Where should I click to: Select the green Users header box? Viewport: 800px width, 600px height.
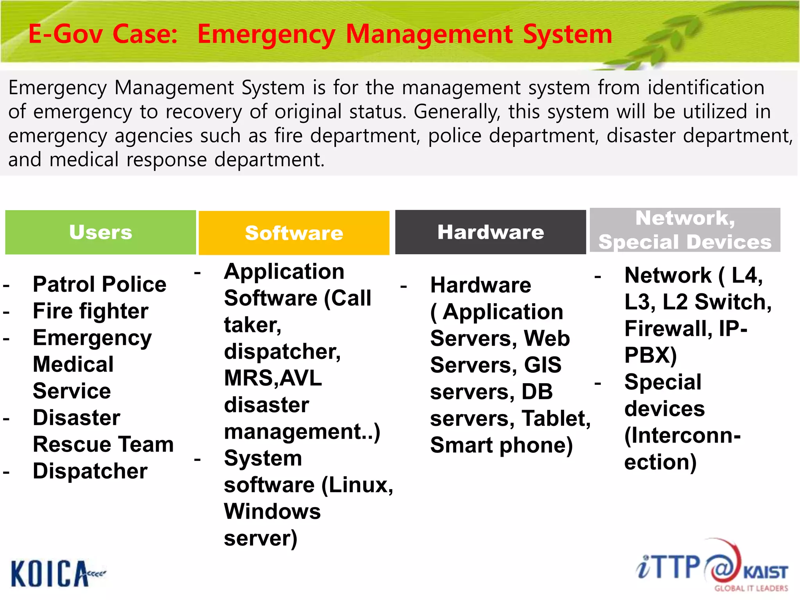[x=100, y=232]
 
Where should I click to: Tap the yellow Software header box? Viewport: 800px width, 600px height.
[x=294, y=233]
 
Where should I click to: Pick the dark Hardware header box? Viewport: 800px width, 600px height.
[x=490, y=232]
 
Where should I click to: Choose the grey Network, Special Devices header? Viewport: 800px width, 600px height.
[x=685, y=230]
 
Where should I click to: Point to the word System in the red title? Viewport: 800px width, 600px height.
[x=567, y=34]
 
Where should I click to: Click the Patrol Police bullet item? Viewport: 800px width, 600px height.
[x=99, y=284]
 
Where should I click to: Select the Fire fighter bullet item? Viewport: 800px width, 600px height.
[x=90, y=311]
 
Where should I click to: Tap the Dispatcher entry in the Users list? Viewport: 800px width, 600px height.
[x=90, y=471]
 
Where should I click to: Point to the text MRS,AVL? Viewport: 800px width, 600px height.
[x=273, y=378]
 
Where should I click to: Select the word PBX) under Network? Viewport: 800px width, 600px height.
[x=650, y=355]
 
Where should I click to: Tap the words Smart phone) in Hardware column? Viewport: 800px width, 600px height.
[x=501, y=445]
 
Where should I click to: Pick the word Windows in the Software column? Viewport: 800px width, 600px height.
[x=272, y=512]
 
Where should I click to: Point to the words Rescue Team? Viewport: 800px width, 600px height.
[x=103, y=445]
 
